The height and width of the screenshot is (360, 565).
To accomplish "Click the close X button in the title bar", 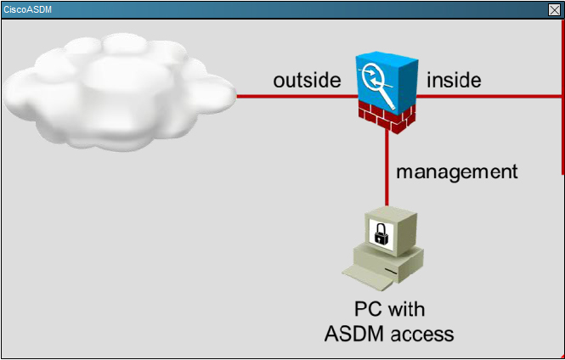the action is click(554, 9).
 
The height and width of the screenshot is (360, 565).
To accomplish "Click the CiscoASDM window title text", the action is click(27, 9).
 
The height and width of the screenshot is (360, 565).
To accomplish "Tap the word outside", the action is click(307, 80).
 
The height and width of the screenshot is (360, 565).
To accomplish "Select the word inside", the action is click(454, 80).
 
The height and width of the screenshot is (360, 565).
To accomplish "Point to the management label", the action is click(457, 172).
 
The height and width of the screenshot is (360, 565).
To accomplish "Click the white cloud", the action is click(119, 92).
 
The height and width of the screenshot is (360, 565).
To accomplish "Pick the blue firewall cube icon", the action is click(387, 85).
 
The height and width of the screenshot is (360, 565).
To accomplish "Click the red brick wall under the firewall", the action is click(387, 117).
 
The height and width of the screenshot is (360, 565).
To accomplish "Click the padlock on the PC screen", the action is click(380, 233).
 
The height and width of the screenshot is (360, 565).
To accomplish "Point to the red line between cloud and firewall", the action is click(297, 96).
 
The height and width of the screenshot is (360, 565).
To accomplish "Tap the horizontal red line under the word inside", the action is click(489, 96).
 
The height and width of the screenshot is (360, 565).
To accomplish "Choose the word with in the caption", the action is click(405, 309).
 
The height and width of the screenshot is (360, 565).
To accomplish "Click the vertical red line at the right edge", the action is click(562, 97).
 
